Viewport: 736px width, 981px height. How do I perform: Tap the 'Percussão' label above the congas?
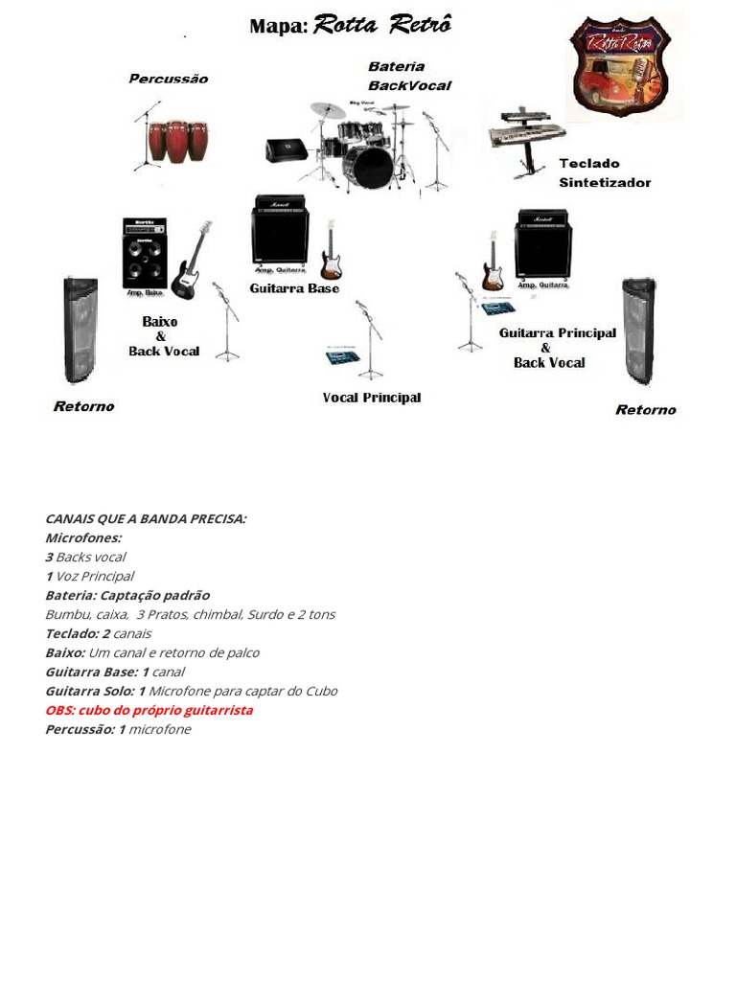pyautogui.click(x=168, y=79)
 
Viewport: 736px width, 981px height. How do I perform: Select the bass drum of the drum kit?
pyautogui.click(x=368, y=168)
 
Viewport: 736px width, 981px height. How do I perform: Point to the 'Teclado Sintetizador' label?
pyautogui.click(x=605, y=172)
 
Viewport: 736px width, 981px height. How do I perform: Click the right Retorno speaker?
pyautogui.click(x=638, y=331)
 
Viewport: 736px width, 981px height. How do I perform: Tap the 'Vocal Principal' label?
pyautogui.click(x=372, y=398)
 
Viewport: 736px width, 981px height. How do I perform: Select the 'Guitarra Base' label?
pyautogui.click(x=294, y=288)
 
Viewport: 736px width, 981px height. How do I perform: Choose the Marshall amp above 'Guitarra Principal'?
pyautogui.click(x=543, y=243)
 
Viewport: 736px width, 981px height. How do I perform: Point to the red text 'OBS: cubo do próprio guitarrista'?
pyautogui.click(x=149, y=710)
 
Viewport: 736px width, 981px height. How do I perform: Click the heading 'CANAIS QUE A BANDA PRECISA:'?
pyautogui.click(x=146, y=518)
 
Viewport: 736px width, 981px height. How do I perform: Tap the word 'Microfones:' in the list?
pyautogui.click(x=83, y=537)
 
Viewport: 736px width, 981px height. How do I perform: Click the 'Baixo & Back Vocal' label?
pyautogui.click(x=164, y=336)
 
